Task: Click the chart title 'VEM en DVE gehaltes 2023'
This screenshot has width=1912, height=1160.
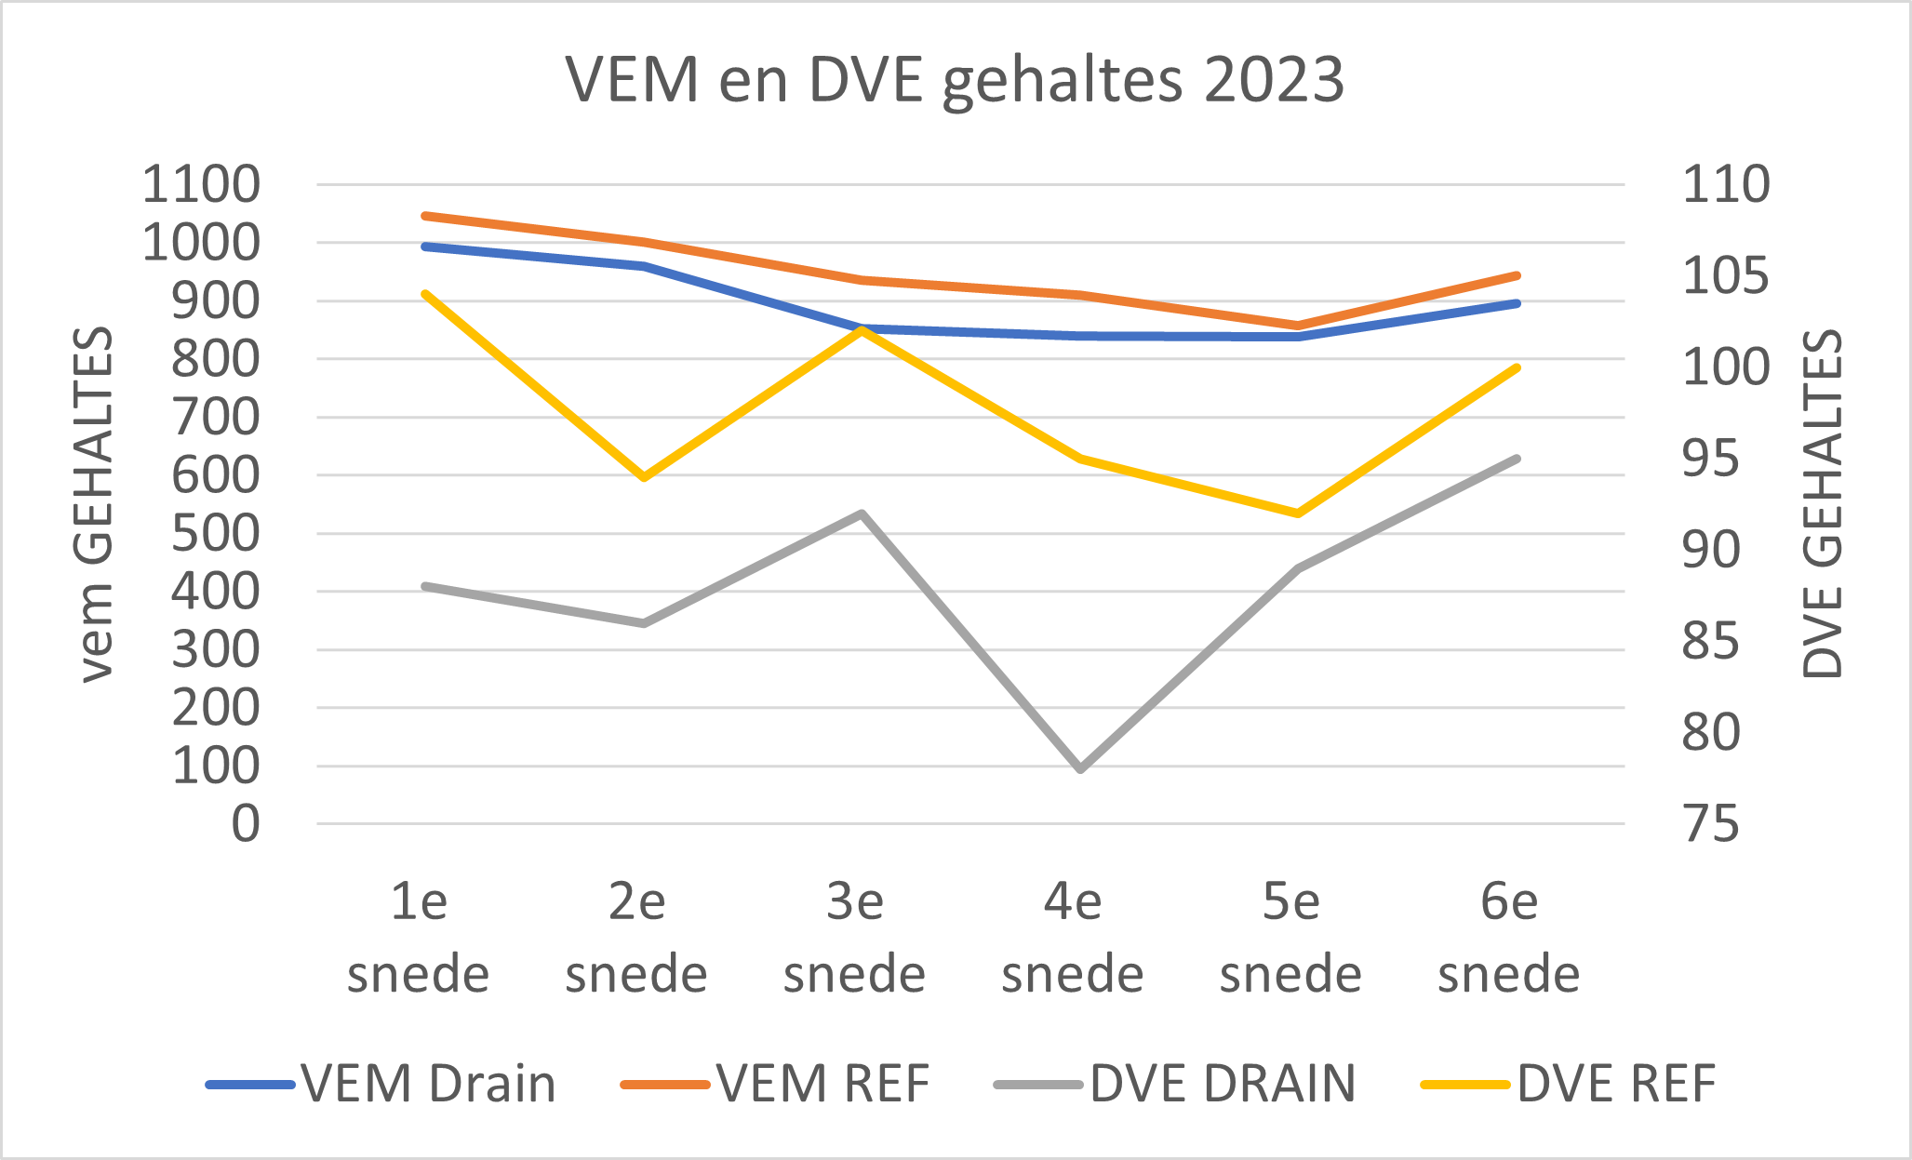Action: coord(955,80)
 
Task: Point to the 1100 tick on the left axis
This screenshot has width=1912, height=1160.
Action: coord(201,184)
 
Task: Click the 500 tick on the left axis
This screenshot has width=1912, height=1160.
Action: coord(216,534)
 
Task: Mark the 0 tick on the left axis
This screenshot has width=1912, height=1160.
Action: coord(246,824)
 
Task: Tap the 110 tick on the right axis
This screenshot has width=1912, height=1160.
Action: coord(1726,184)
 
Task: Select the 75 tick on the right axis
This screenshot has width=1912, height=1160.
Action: coord(1710,824)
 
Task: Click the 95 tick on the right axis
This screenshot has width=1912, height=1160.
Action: coord(1710,459)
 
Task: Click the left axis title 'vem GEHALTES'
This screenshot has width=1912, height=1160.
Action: coord(94,503)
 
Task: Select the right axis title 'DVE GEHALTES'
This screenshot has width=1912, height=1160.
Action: coord(1822,503)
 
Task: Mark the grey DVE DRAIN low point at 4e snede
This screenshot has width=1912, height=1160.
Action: coord(1080,769)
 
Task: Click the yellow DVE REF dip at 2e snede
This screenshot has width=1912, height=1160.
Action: coord(643,477)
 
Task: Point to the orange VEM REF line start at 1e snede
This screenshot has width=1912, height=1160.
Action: coord(424,216)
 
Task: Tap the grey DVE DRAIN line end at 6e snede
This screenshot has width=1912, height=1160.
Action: coord(1517,459)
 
